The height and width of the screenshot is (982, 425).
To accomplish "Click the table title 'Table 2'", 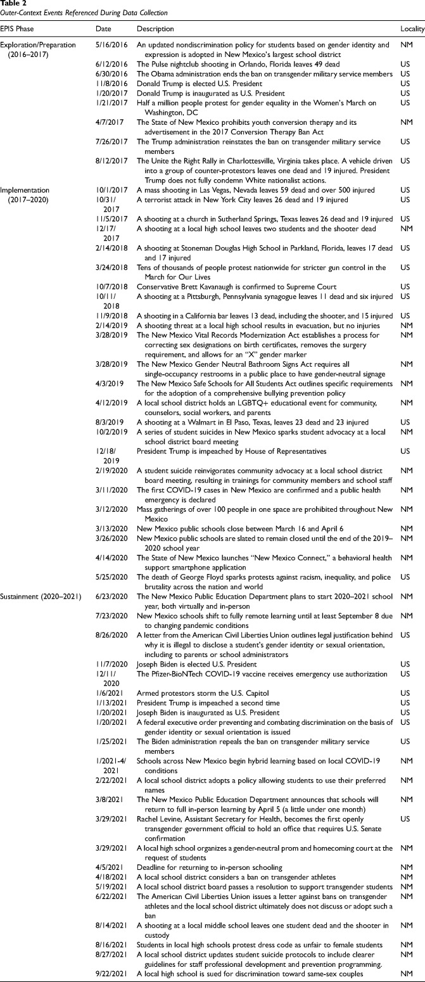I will coord(13,4).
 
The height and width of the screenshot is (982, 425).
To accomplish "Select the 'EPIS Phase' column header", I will coord(18,29).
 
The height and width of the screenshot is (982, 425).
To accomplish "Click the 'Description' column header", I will coord(155,29).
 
